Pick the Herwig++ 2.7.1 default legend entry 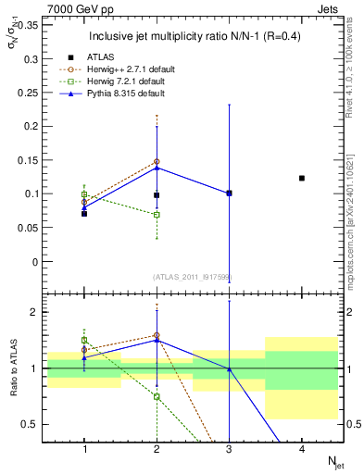pos(139,69)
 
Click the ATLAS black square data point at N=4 pos(301,178)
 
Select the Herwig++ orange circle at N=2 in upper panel pos(157,161)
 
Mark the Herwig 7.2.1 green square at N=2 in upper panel pos(157,215)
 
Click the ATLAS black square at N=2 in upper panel pos(157,195)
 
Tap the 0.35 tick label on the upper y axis pos(30,25)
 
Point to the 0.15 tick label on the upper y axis pos(30,160)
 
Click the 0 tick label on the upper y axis pos(35,262)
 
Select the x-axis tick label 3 pos(229,449)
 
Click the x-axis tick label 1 pos(84,449)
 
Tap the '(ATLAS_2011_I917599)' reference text pos(192,277)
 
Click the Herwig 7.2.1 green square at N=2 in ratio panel pos(157,396)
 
